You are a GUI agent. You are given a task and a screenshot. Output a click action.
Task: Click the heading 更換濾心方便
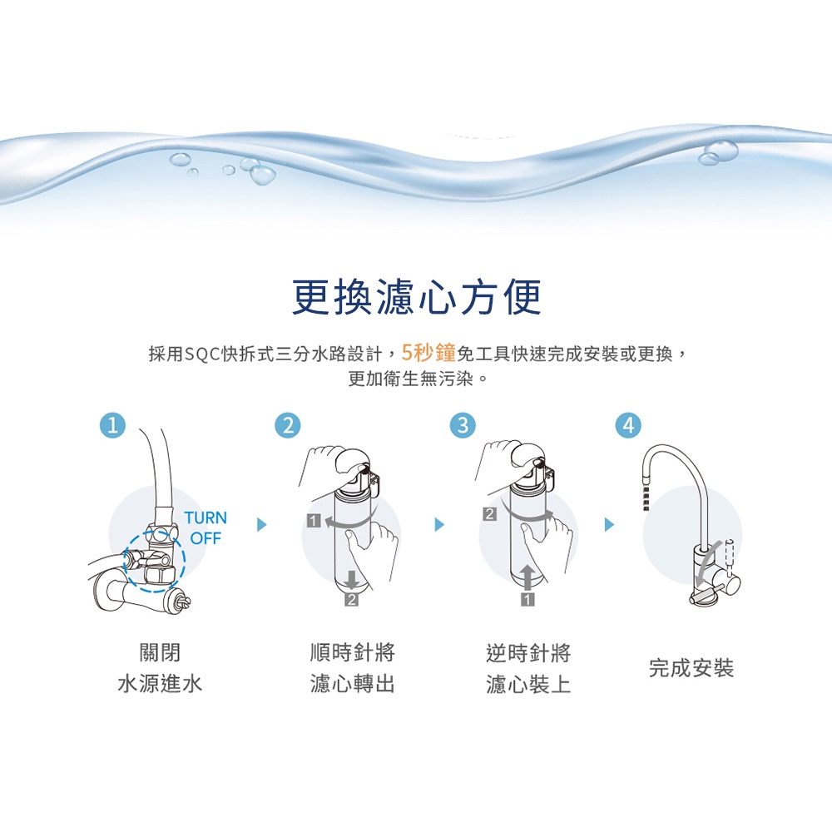[x=416, y=297]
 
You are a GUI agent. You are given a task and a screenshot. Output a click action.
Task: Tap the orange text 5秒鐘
[x=428, y=354]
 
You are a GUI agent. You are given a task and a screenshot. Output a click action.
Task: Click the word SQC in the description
[x=201, y=354]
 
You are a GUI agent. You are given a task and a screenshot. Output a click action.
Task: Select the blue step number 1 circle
[x=112, y=425]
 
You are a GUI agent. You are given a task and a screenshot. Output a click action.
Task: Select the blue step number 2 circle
[x=287, y=425]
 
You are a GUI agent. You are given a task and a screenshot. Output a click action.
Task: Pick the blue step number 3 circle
[x=463, y=425]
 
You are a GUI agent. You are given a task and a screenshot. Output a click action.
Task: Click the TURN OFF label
[x=205, y=528]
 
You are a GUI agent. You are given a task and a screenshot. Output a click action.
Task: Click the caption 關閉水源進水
[x=160, y=668]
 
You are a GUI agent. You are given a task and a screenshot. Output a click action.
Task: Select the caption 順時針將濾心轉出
[x=352, y=668]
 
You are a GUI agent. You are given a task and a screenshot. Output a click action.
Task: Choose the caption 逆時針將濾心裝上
[x=528, y=668]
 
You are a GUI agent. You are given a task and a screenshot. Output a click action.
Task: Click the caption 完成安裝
[x=691, y=668]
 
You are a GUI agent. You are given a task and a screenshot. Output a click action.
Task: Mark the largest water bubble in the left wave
[x=263, y=174]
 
